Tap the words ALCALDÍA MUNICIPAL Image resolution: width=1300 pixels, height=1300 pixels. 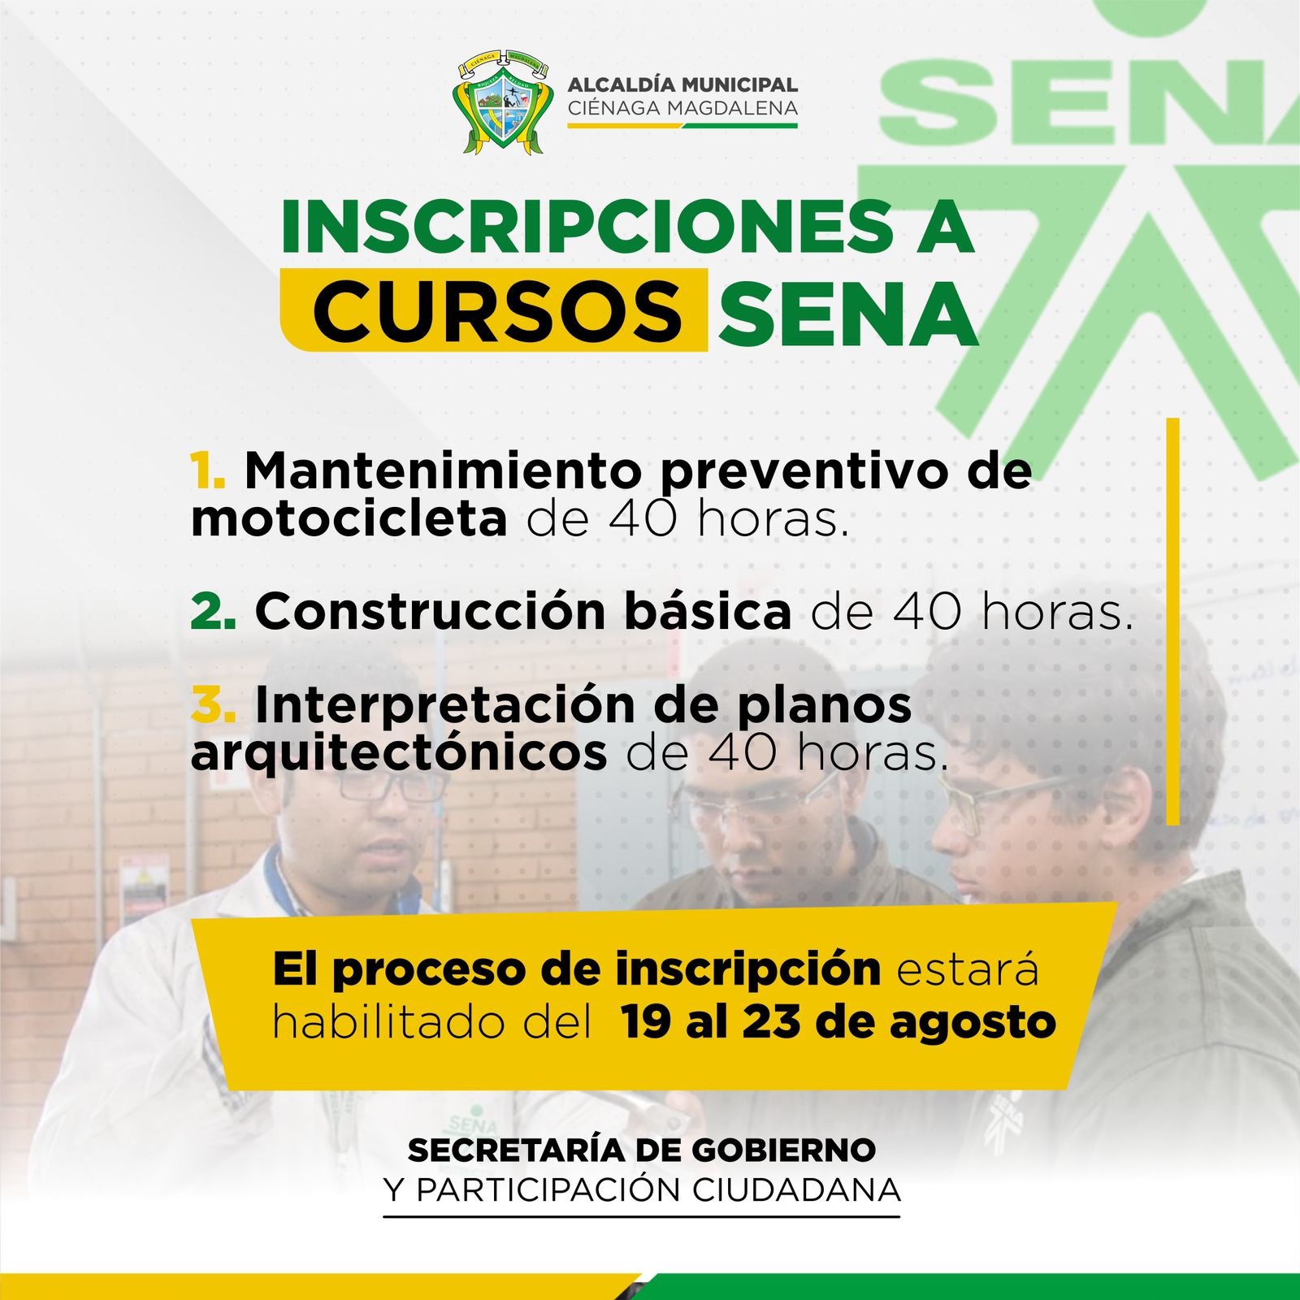coord(682,84)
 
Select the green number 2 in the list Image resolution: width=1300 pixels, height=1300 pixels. coord(214,611)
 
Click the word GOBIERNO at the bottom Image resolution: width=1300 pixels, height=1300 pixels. coord(784,1150)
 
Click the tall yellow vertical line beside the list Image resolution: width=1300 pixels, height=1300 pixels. coord(1172,622)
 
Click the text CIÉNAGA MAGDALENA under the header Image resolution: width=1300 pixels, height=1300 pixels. coord(682,108)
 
